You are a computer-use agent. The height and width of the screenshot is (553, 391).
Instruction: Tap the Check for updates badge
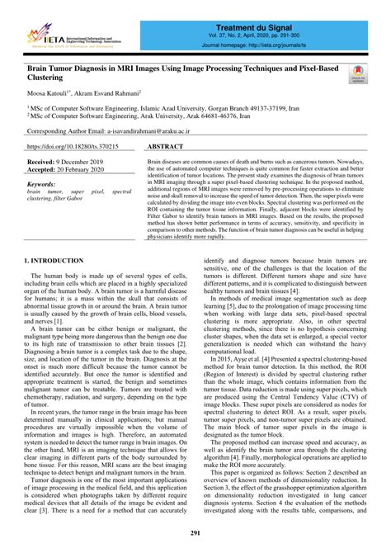tap(359, 76)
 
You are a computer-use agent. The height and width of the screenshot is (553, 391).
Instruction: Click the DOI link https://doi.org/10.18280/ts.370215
tap(73, 145)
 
